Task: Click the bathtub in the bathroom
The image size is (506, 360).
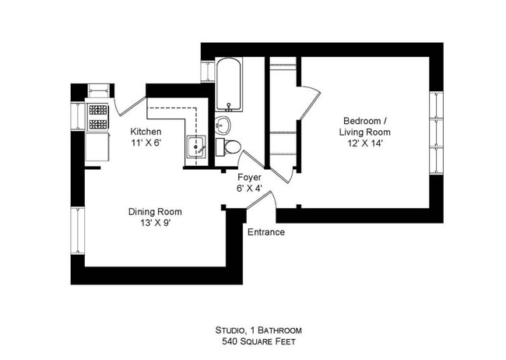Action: coord(230,85)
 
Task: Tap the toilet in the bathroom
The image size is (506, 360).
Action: coord(232,146)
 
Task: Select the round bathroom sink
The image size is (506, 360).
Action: coord(223,125)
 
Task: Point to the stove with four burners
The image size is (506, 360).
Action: coord(98,117)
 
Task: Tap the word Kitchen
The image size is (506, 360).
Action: coord(146,132)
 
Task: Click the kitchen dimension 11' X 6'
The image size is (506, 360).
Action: coord(146,143)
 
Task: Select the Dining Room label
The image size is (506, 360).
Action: coord(155,212)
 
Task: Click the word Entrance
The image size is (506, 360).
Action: coord(265,232)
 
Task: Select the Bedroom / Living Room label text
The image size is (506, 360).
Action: coord(364,126)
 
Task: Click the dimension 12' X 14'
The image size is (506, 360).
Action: coord(364,145)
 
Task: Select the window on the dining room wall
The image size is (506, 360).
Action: coord(77,230)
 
